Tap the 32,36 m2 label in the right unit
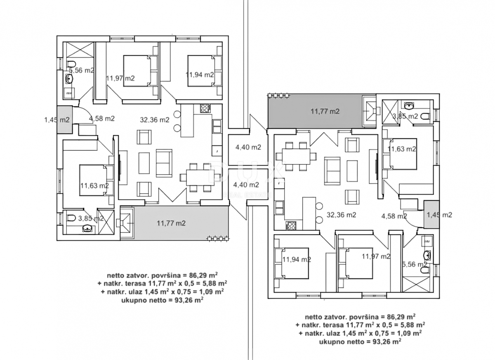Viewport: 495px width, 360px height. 341,215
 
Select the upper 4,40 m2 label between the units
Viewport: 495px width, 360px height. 248,147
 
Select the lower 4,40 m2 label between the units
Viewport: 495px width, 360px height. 246,185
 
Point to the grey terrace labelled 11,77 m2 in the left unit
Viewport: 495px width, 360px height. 181,223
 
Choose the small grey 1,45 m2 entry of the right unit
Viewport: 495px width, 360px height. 432,215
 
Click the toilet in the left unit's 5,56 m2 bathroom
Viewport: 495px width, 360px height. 72,63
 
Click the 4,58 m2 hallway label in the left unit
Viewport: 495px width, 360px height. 101,118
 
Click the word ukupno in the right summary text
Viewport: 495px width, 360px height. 330,342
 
